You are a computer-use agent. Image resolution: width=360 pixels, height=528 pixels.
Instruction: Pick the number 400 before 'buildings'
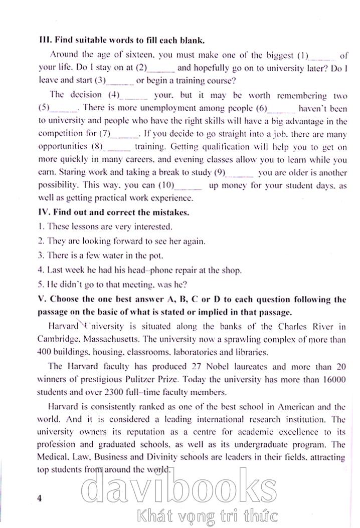46,352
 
